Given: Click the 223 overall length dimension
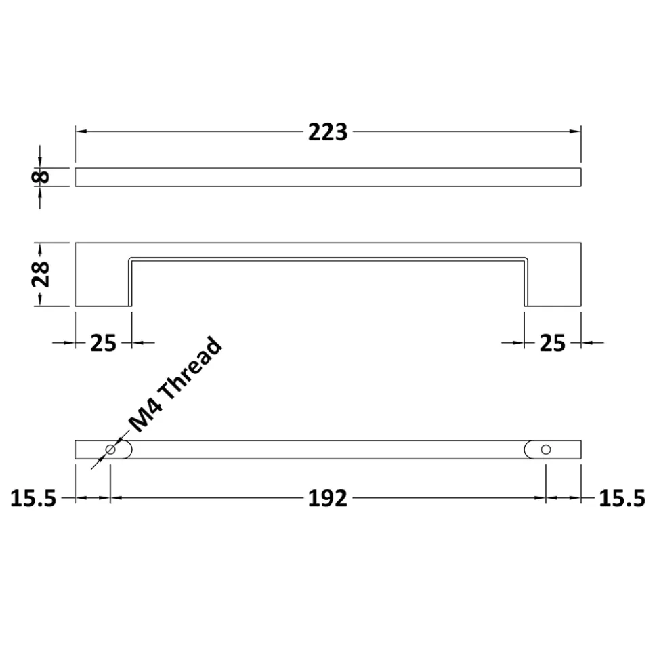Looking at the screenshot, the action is (328, 131).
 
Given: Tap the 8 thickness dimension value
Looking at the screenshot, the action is (41, 177).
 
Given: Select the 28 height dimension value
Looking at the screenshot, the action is (41, 274).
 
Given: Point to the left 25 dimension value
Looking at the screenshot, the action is (103, 344).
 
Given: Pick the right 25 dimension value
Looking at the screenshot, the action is (553, 344).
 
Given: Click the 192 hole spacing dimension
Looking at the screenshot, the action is (328, 499).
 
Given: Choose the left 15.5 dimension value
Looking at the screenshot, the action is (33, 499).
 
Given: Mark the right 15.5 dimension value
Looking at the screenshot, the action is (622, 499).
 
